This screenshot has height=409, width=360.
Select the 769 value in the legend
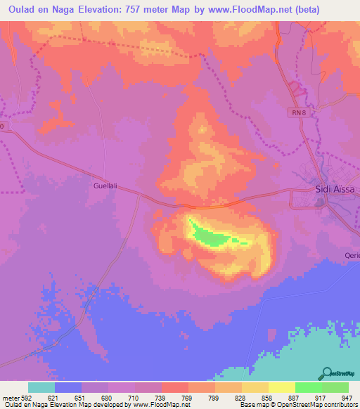pyautogui.click(x=188, y=397)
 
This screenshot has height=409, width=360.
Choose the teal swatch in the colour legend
pyautogui.click(x=41, y=387)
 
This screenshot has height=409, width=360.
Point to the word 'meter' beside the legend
pyautogui.click(x=11, y=397)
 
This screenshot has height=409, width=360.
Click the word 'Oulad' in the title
pyautogui.click(x=20, y=9)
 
